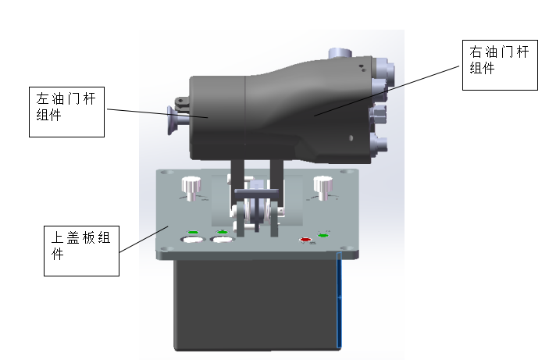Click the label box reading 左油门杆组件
pyautogui.click(x=66, y=112)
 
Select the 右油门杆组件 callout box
pyautogui.click(x=500, y=65)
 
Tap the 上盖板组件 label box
pyautogui.click(x=81, y=251)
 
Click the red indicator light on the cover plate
pyautogui.click(x=305, y=240)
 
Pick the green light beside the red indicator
pyautogui.click(x=323, y=235)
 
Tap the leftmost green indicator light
pyautogui.click(x=193, y=232)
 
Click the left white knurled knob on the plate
pyautogui.click(x=191, y=188)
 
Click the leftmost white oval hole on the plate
pyautogui.click(x=193, y=240)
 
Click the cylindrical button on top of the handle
pyautogui.click(x=340, y=53)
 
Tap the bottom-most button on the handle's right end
pyautogui.click(x=379, y=144)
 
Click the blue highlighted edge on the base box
pyautogui.click(x=339, y=300)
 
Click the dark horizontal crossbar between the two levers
pyautogui.click(x=257, y=191)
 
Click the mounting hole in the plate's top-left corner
pyautogui.click(x=167, y=173)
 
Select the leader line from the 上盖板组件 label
pyautogui.click(x=144, y=239)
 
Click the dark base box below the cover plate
pyautogui.click(x=258, y=305)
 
